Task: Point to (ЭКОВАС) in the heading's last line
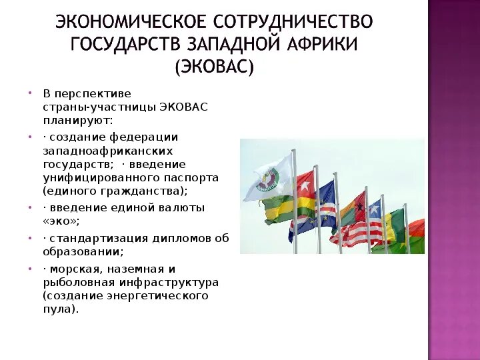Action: point(214,67)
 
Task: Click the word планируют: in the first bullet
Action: point(79,121)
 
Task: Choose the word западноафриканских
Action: point(111,151)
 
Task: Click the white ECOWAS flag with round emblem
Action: point(269,177)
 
